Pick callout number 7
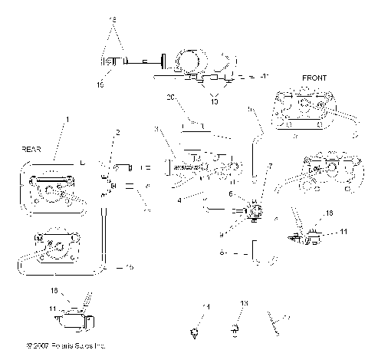269,166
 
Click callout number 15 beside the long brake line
130,267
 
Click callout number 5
248,111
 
